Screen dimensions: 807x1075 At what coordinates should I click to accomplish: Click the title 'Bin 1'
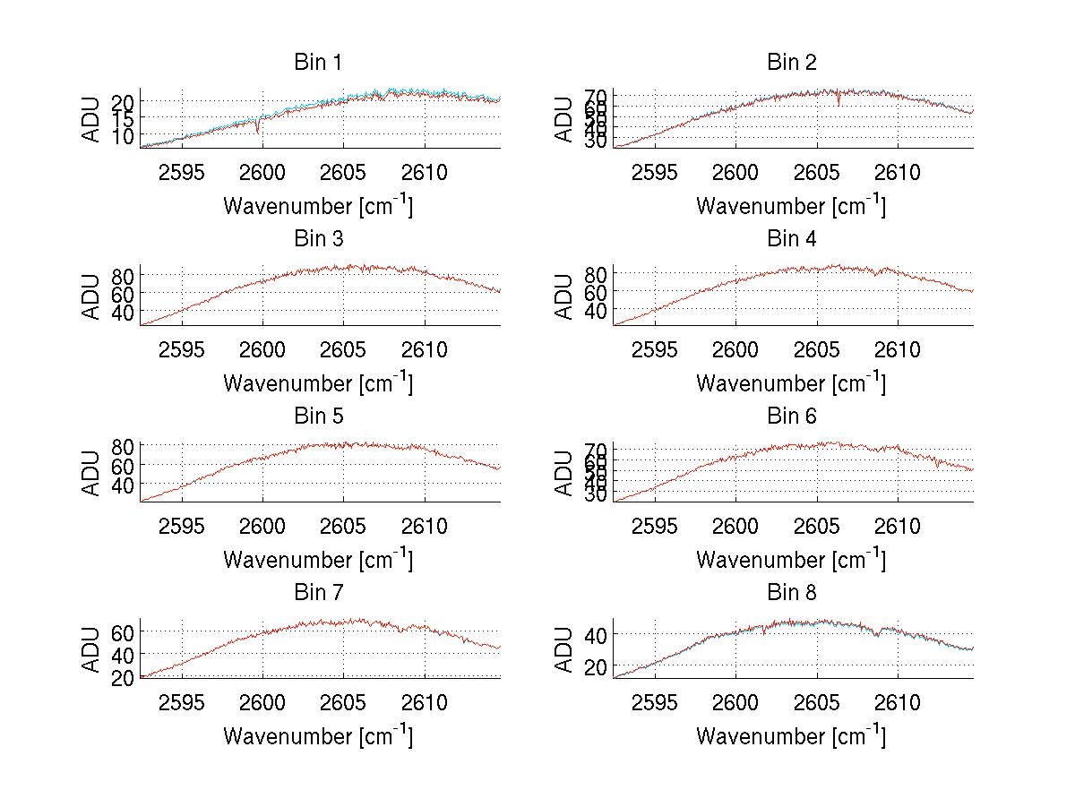click(x=318, y=63)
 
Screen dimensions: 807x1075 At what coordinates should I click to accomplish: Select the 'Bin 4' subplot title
click(x=792, y=239)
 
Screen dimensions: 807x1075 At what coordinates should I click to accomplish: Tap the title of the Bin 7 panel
click(x=318, y=593)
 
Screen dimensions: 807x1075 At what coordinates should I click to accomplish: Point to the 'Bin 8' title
click(x=792, y=593)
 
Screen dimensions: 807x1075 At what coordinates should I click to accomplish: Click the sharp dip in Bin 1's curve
click(x=258, y=131)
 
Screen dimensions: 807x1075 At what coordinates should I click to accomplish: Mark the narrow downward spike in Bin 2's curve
click(x=838, y=104)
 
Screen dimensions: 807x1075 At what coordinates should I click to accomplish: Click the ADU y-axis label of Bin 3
click(x=93, y=296)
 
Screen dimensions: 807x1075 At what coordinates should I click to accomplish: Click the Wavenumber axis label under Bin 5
click(x=318, y=560)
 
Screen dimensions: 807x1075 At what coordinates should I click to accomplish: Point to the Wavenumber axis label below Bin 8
click(x=791, y=736)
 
